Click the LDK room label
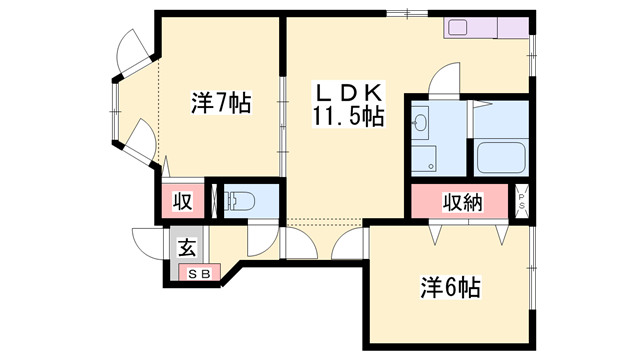click(x=349, y=93)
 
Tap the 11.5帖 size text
click(x=348, y=116)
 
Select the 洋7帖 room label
click(x=221, y=102)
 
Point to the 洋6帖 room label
click(x=451, y=287)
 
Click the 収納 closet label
click(x=462, y=202)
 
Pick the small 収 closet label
click(x=182, y=201)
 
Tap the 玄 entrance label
click(x=187, y=247)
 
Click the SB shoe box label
click(x=200, y=274)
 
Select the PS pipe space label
click(x=522, y=201)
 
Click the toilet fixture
click(x=240, y=201)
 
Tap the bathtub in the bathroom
click(x=501, y=158)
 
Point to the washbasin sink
click(x=420, y=122)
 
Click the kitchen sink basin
click(x=458, y=27)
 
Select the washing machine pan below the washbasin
click(x=424, y=158)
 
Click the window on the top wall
click(x=407, y=13)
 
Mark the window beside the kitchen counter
click(x=532, y=55)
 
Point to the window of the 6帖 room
click(x=532, y=268)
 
